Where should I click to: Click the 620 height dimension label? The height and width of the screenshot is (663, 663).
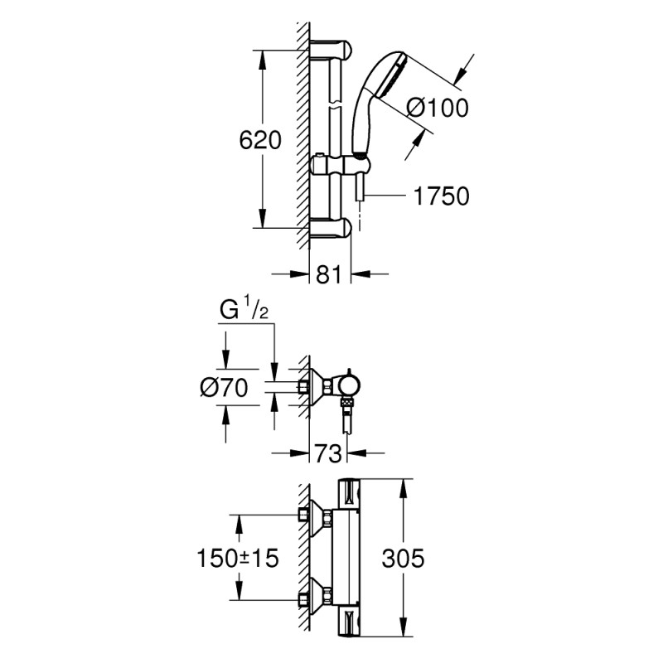(259, 140)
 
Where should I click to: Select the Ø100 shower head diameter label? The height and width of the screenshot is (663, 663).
(438, 107)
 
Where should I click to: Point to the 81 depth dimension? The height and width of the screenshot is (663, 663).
(329, 274)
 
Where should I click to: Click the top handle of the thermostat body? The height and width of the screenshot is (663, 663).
(350, 496)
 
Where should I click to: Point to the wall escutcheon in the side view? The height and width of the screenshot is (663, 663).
(316, 385)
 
